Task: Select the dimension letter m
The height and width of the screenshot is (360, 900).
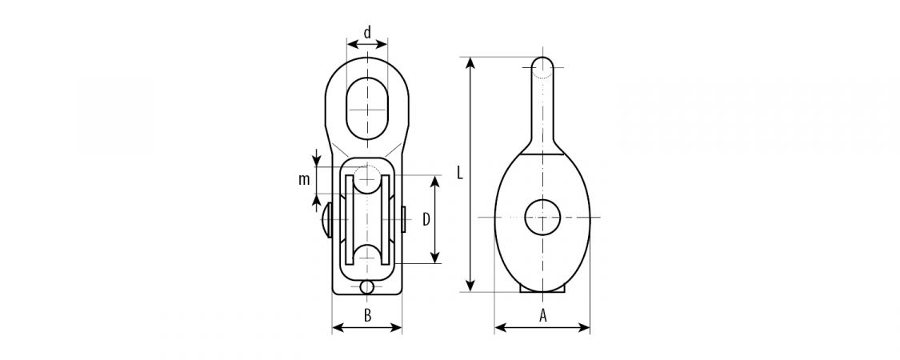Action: click(x=304, y=180)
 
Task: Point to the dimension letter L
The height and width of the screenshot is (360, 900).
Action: click(x=460, y=173)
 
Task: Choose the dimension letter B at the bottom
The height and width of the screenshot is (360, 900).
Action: click(x=368, y=314)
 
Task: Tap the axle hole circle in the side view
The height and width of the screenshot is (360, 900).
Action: click(x=542, y=217)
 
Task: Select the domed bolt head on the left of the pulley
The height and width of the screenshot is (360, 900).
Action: click(x=327, y=220)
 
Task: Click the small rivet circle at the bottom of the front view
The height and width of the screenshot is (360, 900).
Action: click(x=366, y=286)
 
